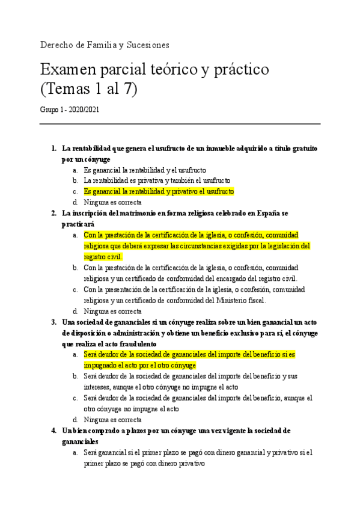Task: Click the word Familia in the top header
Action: tap(100, 45)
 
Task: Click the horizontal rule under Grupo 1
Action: tap(180, 124)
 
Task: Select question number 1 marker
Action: tap(54, 149)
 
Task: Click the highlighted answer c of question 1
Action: tap(159, 191)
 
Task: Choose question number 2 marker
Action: tap(54, 213)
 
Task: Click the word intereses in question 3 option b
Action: tap(99, 387)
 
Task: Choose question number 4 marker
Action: tap(54, 431)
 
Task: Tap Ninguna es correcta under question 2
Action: tap(112, 311)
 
